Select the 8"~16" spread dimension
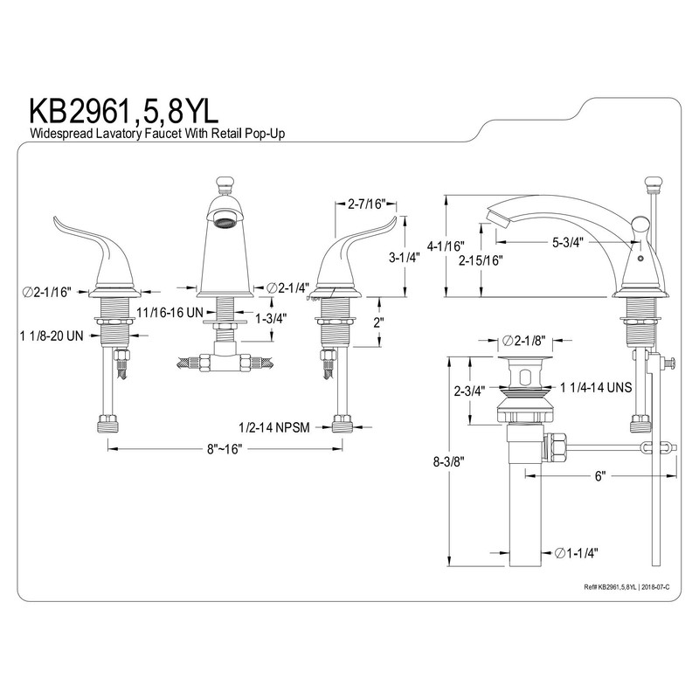[x=225, y=448]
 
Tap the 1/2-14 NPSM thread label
[x=274, y=427]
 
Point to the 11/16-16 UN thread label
[x=170, y=313]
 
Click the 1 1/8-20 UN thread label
[x=52, y=336]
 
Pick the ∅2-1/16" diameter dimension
[x=47, y=292]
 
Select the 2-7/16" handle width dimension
[x=365, y=204]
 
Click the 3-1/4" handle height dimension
[x=405, y=257]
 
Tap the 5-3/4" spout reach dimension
[x=568, y=243]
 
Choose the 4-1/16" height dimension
[x=446, y=246]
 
